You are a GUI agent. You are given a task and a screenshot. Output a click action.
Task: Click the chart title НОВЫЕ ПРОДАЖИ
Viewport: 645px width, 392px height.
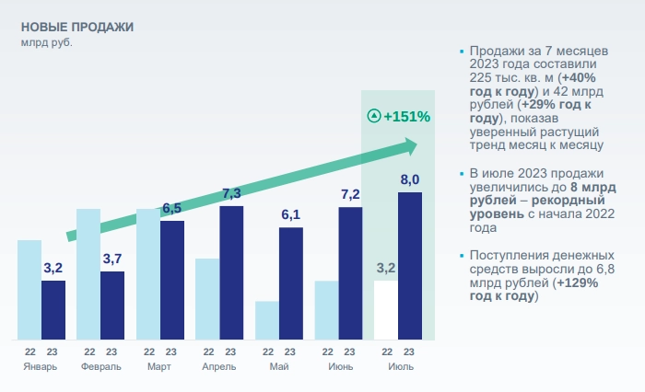pyautogui.click(x=76, y=27)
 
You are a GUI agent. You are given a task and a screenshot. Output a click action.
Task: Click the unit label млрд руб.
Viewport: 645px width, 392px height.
pyautogui.click(x=46, y=42)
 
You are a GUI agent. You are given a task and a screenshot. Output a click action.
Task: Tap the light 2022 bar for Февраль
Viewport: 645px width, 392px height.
pyautogui.click(x=88, y=274)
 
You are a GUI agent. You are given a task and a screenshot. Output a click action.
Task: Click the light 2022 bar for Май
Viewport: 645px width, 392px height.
pyautogui.click(x=266, y=320)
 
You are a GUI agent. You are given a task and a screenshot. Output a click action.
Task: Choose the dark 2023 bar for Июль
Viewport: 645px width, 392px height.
pyautogui.click(x=410, y=266)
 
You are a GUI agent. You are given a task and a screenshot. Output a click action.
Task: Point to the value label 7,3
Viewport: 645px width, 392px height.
pyautogui.click(x=231, y=193)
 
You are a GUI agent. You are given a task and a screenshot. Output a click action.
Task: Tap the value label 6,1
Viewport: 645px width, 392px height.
pyautogui.click(x=291, y=214)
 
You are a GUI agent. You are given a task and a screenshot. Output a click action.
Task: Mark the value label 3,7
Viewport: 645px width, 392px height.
pyautogui.click(x=112, y=259)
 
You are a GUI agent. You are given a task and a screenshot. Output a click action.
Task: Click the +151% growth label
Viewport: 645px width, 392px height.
pyautogui.click(x=407, y=117)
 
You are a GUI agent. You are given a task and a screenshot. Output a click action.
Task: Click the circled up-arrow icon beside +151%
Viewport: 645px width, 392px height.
pyautogui.click(x=373, y=117)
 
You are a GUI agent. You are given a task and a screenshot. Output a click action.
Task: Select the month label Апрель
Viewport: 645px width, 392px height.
pyautogui.click(x=219, y=366)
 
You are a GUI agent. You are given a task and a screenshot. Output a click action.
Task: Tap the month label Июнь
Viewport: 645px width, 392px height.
pyautogui.click(x=338, y=366)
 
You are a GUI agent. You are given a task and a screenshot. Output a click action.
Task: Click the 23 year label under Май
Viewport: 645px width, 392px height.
pyautogui.click(x=290, y=352)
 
